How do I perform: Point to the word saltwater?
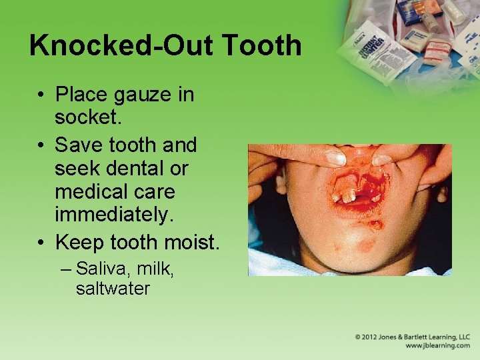pyautogui.click(x=113, y=289)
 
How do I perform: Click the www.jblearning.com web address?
pyautogui.click(x=437, y=346)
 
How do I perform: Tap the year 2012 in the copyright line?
pyautogui.click(x=372, y=337)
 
